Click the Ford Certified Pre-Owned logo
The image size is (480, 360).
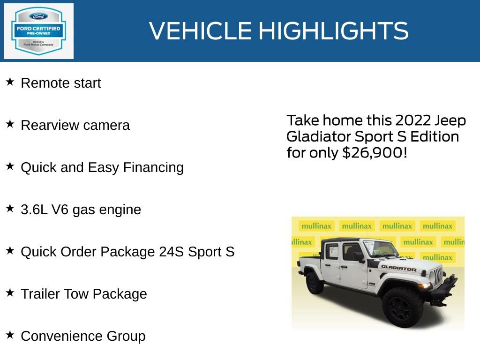[38, 31]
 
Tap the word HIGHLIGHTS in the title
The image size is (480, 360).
[333, 31]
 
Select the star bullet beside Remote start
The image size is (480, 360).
[10, 82]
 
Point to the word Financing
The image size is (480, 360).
[153, 167]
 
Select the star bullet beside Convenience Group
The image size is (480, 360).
[10, 335]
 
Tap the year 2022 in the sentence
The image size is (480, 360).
[412, 120]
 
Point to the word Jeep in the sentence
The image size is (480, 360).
[450, 120]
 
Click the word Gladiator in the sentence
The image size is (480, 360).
[319, 137]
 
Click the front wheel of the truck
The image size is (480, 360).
[402, 307]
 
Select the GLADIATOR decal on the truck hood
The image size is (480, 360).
[398, 268]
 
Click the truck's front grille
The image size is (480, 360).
[437, 277]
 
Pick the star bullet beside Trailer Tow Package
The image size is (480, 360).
[10, 293]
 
